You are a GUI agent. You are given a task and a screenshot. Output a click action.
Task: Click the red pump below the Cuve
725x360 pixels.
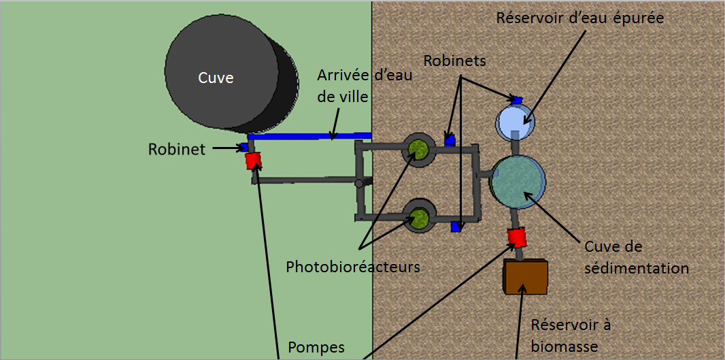tap(253, 161)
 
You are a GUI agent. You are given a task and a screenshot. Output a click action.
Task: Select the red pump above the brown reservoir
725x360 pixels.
tap(518, 237)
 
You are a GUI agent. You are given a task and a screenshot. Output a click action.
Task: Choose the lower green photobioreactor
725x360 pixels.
tap(418, 218)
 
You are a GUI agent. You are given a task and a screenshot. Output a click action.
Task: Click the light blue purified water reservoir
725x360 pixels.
tap(515, 121)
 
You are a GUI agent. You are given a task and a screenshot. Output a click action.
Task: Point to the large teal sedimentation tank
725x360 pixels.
tap(518, 180)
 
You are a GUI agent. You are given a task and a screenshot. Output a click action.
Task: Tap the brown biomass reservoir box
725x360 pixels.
tap(525, 276)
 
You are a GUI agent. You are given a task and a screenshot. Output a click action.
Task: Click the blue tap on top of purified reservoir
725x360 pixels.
tap(517, 100)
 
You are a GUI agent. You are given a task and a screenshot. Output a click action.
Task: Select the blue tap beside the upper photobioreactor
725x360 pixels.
tap(450, 140)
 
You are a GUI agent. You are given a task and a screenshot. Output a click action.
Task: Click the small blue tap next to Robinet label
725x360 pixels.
tap(243, 148)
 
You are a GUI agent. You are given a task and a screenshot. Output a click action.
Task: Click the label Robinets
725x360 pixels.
tap(455, 60)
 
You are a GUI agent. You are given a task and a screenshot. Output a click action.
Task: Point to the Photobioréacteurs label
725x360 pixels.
tap(353, 266)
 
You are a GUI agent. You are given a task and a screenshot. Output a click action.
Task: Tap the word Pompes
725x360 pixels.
tap(316, 347)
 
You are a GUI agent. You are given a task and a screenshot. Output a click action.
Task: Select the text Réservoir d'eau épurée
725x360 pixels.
tap(579, 18)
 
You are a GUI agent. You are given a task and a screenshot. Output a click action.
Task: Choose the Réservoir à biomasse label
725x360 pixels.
tap(570, 336)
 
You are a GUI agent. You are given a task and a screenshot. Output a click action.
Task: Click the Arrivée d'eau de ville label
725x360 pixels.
tap(365, 85)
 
